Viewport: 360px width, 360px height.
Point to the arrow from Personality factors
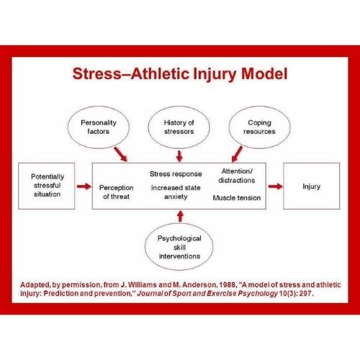click(120, 154)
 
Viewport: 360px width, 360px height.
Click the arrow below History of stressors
click(179, 156)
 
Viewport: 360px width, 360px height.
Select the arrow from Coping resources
click(237, 154)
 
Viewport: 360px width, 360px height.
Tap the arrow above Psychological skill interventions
click(181, 216)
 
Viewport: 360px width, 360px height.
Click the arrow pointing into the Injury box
click(276, 186)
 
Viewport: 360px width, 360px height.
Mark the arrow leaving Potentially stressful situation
click(84, 186)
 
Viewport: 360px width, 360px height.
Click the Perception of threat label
click(117, 192)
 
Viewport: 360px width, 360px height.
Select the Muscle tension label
click(237, 198)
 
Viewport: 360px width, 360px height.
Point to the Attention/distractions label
click(237, 176)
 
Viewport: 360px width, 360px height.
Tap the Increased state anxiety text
click(176, 192)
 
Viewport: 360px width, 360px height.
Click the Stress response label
click(176, 174)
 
